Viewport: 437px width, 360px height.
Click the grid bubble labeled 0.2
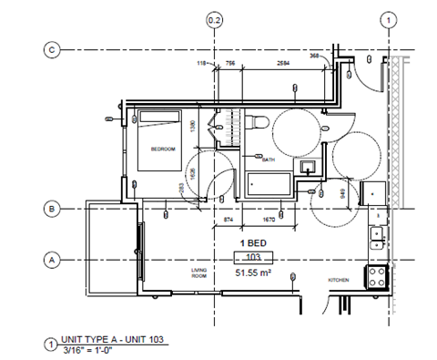point(215,19)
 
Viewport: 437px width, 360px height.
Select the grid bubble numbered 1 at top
point(388,19)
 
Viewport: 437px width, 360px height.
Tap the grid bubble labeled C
point(53,49)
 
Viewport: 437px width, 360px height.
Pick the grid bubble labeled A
point(53,260)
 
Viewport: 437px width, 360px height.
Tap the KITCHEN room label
point(340,279)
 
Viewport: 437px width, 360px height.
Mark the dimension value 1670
point(269,221)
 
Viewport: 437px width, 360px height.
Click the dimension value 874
point(229,221)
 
